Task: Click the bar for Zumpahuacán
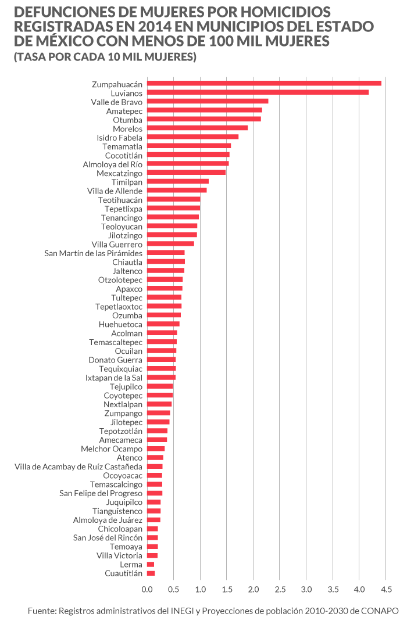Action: tap(264, 84)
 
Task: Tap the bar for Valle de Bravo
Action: tap(208, 102)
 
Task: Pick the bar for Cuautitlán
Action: tap(151, 573)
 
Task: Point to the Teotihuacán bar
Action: tap(174, 199)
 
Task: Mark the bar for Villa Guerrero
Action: tap(170, 244)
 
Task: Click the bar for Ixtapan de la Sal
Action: tap(161, 378)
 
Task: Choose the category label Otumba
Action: tap(128, 119)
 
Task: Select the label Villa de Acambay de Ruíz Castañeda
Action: tap(78, 466)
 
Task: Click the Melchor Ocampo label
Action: tap(112, 449)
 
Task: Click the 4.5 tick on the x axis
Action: tap(385, 590)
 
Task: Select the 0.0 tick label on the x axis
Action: tap(148, 590)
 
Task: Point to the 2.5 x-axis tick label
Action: tap(280, 590)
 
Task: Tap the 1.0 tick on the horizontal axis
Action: tap(201, 590)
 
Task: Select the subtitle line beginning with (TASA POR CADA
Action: tap(105, 57)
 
